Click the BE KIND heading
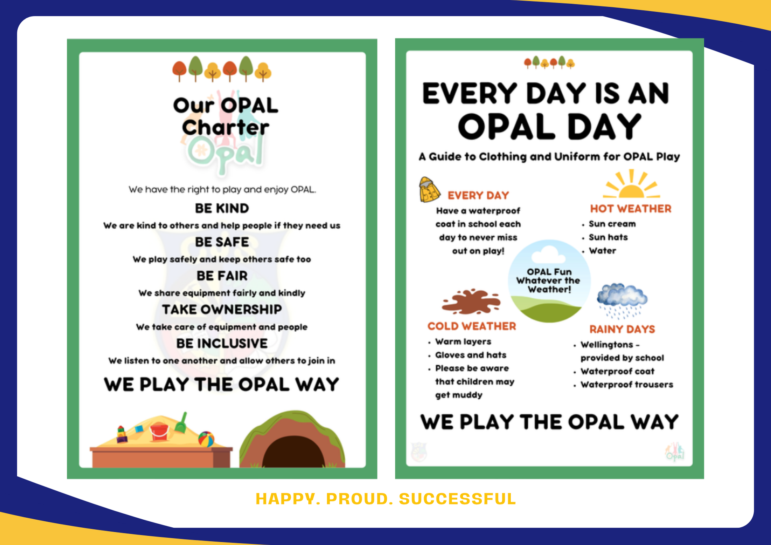(222, 208)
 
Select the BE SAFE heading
(222, 242)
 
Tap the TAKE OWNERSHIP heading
(222, 309)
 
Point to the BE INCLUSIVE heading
(222, 343)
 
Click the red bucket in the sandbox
(159, 432)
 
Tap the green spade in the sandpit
(182, 423)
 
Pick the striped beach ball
(206, 439)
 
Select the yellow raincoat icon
(429, 189)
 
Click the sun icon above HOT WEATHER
(631, 184)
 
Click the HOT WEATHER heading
(630, 209)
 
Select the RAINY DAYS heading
(622, 329)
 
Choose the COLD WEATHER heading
(471, 326)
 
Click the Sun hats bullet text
(608, 237)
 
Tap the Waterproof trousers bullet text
(626, 385)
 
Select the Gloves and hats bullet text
(471, 355)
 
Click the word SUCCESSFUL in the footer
(457, 499)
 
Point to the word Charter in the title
(225, 128)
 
